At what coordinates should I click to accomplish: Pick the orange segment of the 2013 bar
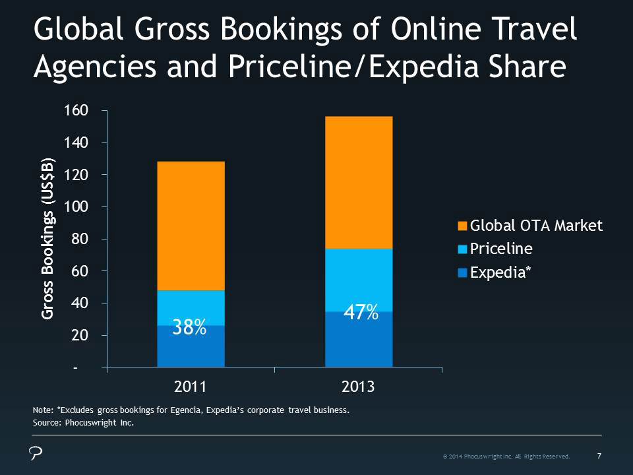359,182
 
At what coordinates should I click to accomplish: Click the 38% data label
189,327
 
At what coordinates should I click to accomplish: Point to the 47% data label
361,313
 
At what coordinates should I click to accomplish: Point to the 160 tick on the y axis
76,110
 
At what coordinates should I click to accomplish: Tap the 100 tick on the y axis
76,207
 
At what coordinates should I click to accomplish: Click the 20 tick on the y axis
79,336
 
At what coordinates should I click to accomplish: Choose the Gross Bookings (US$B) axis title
47,239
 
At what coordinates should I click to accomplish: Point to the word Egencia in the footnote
198,410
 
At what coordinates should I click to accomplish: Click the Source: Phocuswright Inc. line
83,424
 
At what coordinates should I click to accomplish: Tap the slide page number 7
599,455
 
